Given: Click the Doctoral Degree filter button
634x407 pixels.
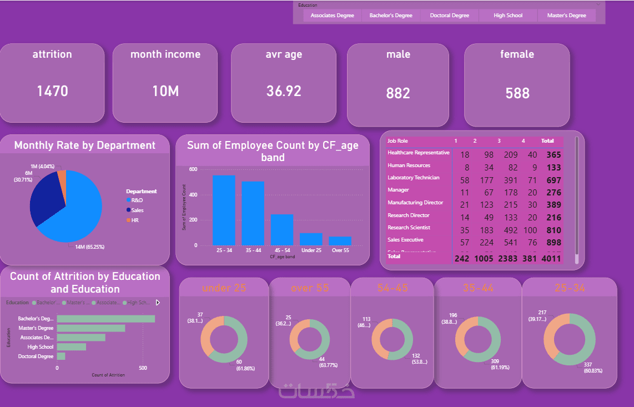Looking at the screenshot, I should (449, 16).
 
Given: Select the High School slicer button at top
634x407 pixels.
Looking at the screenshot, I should (508, 16).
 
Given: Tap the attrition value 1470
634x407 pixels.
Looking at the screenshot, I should (52, 91).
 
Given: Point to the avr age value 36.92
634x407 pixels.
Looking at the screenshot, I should (284, 91).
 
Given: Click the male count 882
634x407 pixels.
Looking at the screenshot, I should (398, 93).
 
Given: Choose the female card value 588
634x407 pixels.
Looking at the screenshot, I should (517, 93).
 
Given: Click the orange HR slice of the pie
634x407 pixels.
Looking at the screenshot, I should (62, 179).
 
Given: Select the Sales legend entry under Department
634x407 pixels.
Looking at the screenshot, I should (137, 210).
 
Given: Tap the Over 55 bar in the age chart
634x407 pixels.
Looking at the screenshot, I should (340, 240).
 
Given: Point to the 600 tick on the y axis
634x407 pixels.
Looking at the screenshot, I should (193, 169).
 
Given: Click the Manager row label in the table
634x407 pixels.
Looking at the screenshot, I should (398, 190).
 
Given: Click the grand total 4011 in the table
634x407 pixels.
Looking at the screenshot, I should (553, 258).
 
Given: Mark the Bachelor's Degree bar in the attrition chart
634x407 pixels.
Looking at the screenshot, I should (105, 319).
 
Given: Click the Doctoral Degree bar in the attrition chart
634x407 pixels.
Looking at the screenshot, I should (61, 356).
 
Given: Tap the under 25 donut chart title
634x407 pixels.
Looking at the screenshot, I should (224, 288).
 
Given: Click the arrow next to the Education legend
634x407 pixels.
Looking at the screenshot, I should (158, 303).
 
